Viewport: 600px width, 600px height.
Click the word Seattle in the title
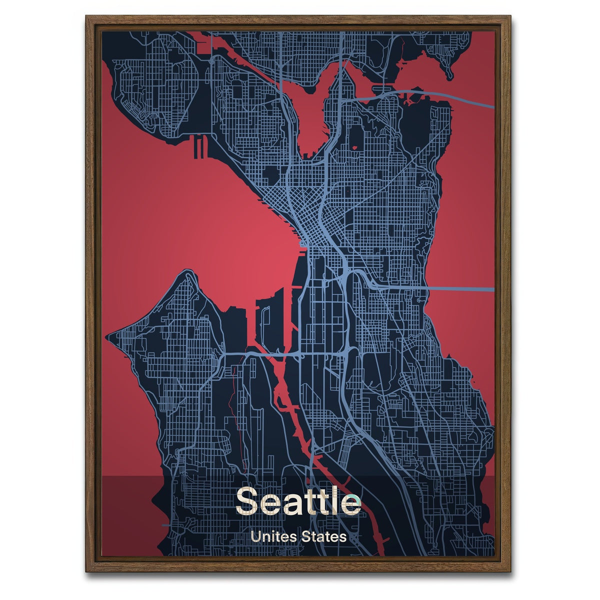tap(298, 500)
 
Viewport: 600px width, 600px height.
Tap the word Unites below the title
tap(272, 537)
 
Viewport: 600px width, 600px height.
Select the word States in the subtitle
tap(323, 537)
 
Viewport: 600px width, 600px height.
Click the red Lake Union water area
tap(312, 115)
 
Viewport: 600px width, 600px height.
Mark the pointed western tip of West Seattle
tap(108, 335)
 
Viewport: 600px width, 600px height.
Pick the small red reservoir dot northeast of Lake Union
tap(355, 147)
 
